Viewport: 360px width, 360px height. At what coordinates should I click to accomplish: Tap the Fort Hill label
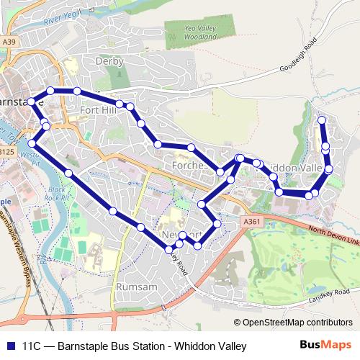(x=98, y=109)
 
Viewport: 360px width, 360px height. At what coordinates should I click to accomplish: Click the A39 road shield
(x=9, y=43)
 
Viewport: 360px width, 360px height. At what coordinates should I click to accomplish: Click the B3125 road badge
(x=6, y=152)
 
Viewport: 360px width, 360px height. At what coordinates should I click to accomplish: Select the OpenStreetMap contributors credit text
(x=293, y=323)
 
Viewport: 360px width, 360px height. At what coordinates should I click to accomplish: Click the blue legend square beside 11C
(x=10, y=346)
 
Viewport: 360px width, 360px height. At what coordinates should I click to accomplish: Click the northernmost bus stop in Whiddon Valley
(x=322, y=120)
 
